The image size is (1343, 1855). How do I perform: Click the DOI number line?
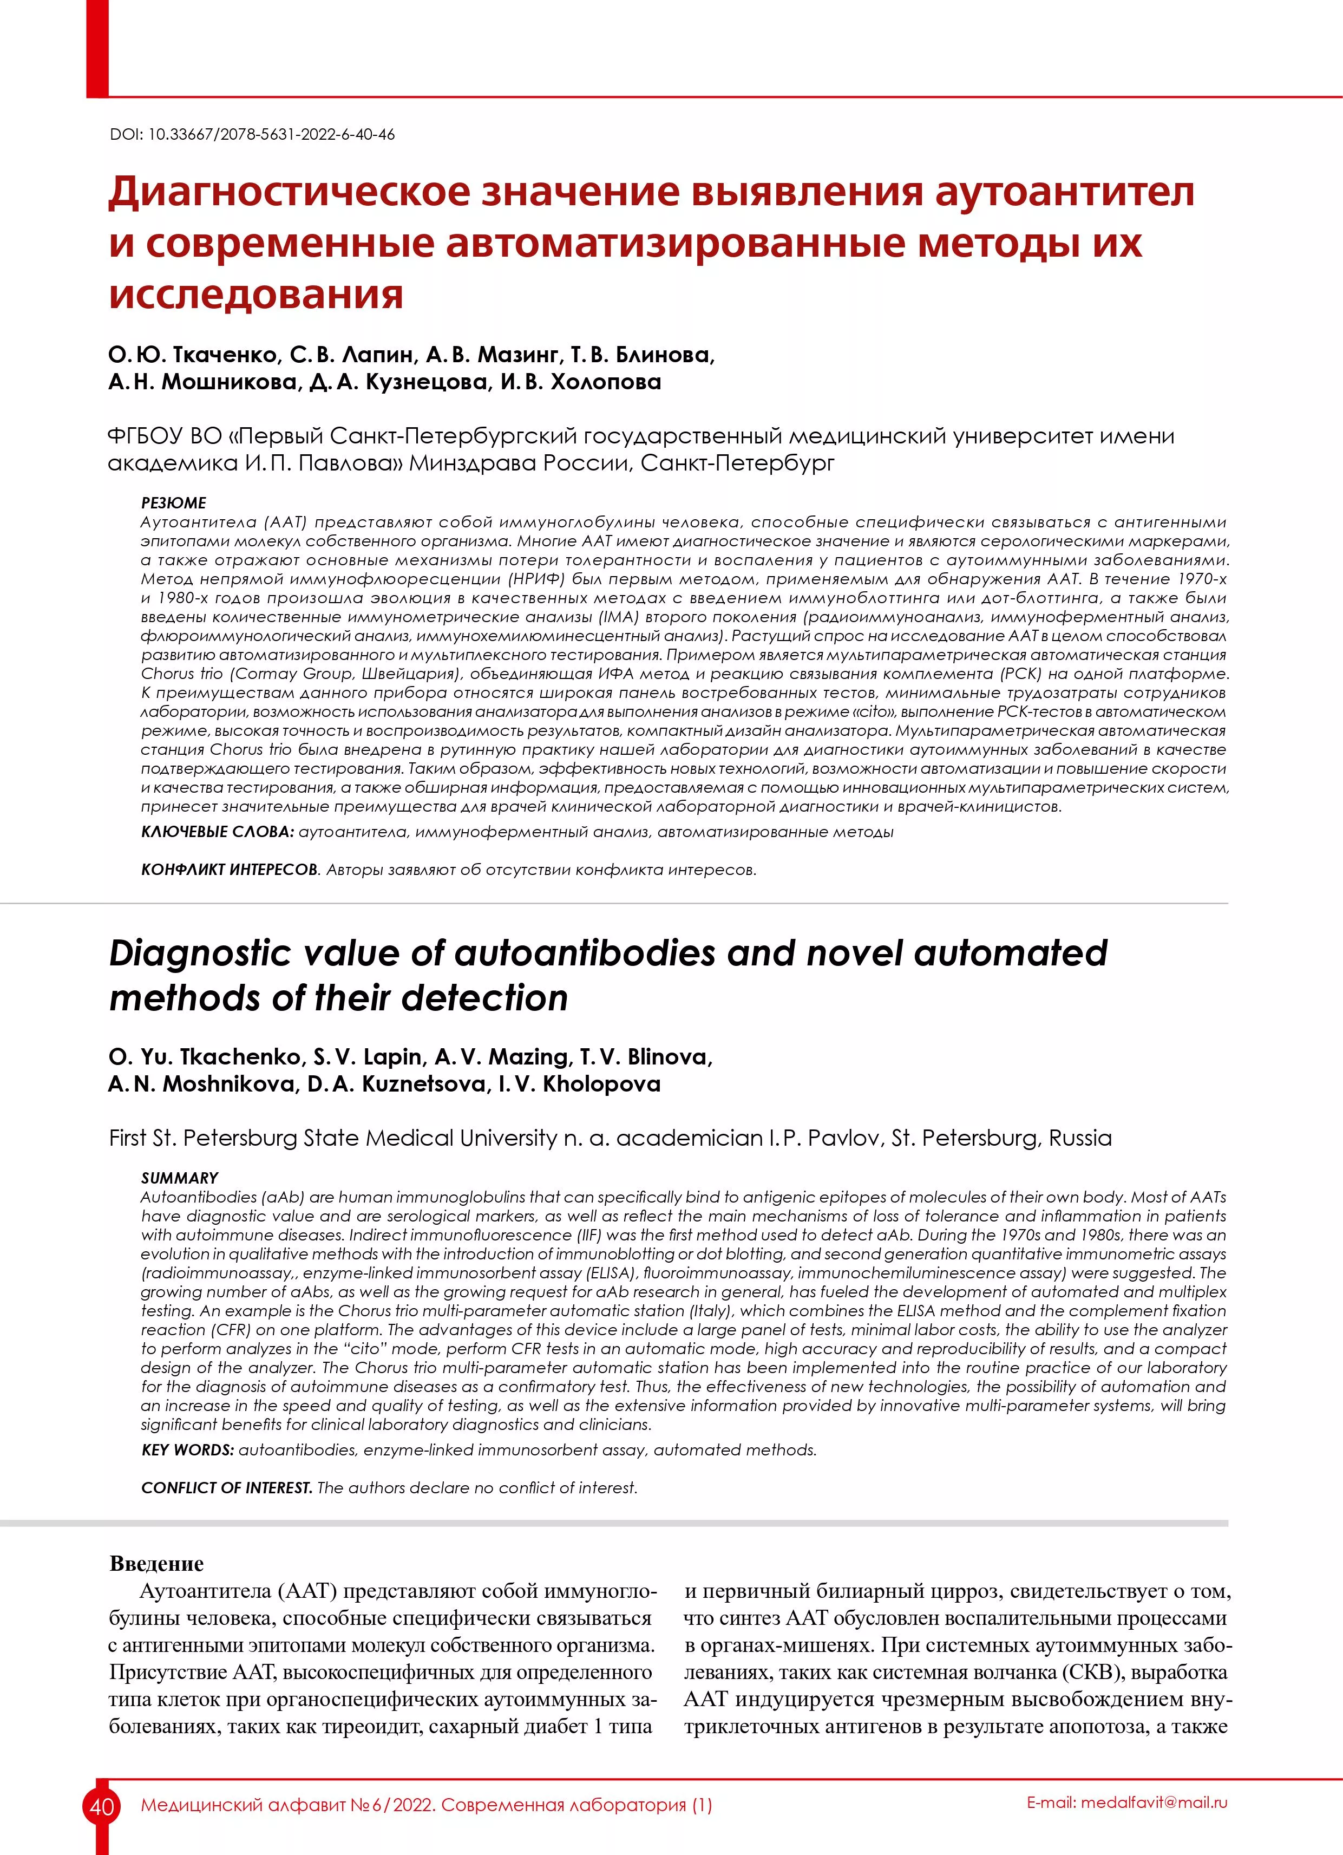click(252, 134)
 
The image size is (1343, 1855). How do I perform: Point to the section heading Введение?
click(156, 1563)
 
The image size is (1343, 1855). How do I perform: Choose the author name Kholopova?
click(601, 1085)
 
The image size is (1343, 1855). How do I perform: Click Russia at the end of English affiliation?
click(1080, 1138)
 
